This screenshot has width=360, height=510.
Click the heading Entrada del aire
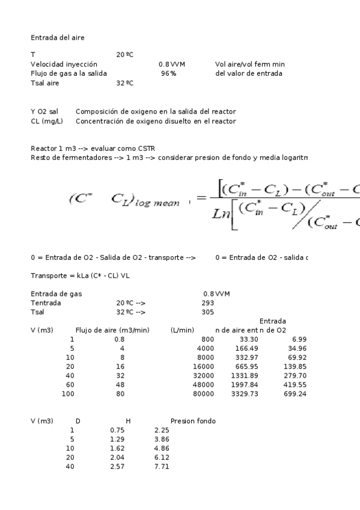[x=58, y=37]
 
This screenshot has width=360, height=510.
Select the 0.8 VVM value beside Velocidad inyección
[x=171, y=64]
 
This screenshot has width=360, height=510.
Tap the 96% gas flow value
[x=168, y=73]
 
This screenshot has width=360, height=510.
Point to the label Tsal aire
[x=44, y=83]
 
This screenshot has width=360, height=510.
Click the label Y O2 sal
[x=44, y=112]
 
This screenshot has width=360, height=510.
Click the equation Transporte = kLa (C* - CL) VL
[x=80, y=275]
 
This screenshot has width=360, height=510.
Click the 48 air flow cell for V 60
[x=120, y=385]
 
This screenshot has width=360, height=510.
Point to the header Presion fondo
[x=193, y=420]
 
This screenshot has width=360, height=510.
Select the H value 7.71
[x=162, y=467]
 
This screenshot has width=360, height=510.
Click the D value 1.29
[x=117, y=440]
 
